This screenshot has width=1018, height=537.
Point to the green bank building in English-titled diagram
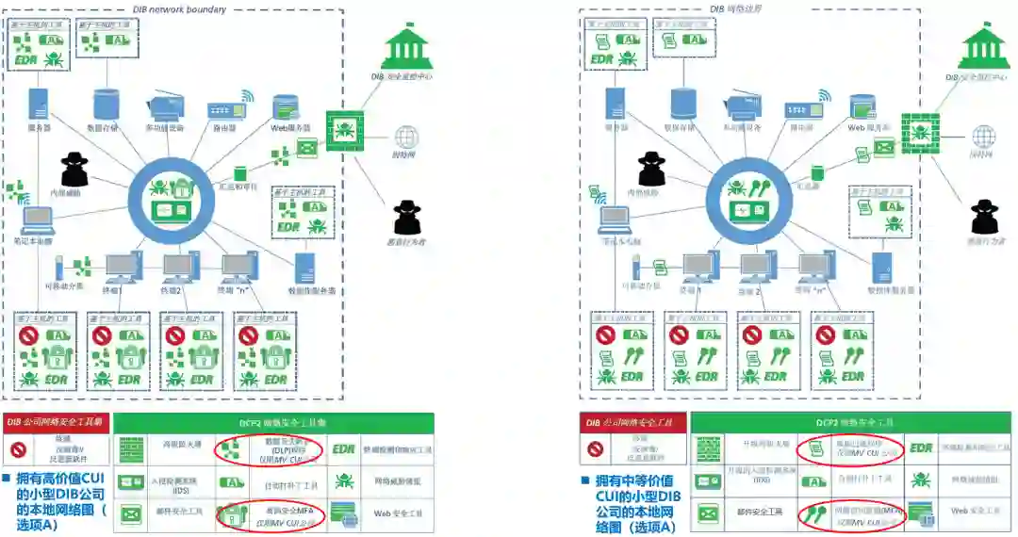(x=408, y=47)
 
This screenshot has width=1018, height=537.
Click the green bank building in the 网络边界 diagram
(x=982, y=47)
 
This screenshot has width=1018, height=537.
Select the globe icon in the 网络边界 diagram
(x=983, y=137)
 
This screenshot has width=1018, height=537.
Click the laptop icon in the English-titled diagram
(x=40, y=219)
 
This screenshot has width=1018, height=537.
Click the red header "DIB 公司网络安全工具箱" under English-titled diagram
(x=55, y=422)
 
